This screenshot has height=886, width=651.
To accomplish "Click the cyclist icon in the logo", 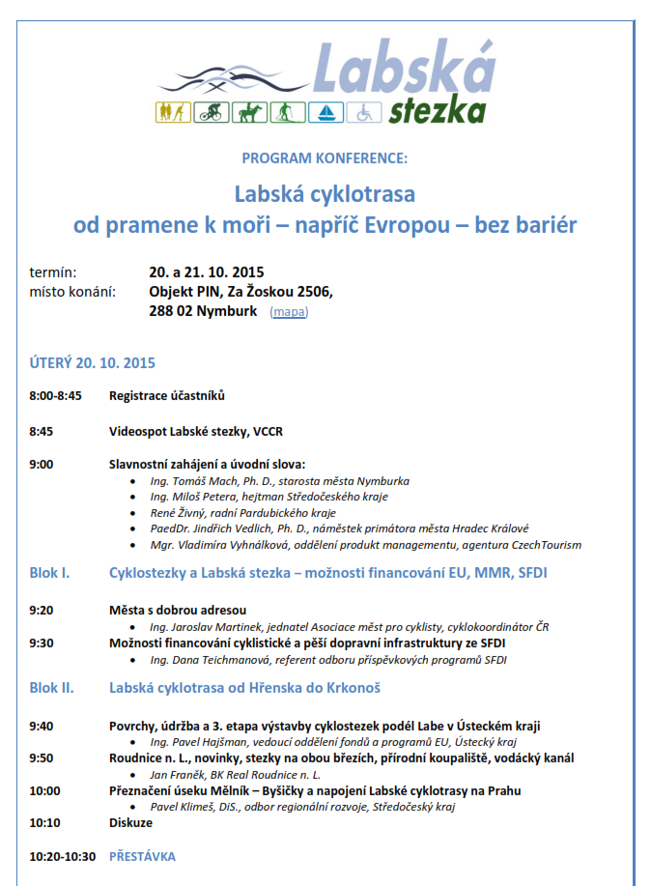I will click(x=208, y=113).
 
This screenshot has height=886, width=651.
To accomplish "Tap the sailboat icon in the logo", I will click(x=327, y=113).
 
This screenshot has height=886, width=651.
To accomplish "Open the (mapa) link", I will click(x=290, y=312).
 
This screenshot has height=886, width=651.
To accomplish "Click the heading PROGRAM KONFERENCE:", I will click(x=325, y=157).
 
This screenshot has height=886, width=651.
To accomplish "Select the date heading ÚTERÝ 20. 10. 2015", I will click(x=93, y=363).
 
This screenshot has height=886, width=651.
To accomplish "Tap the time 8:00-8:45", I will click(x=56, y=395).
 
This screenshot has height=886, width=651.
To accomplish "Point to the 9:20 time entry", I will click(x=42, y=610).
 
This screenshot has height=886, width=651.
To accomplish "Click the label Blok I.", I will click(x=49, y=574).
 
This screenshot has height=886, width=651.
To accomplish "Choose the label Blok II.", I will click(x=52, y=688).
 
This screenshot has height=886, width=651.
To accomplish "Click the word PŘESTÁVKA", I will click(x=142, y=856).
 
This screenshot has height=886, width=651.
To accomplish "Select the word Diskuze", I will click(x=130, y=822).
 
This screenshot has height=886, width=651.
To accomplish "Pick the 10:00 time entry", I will click(x=44, y=790).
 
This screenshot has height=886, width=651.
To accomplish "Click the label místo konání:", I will click(x=72, y=292).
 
